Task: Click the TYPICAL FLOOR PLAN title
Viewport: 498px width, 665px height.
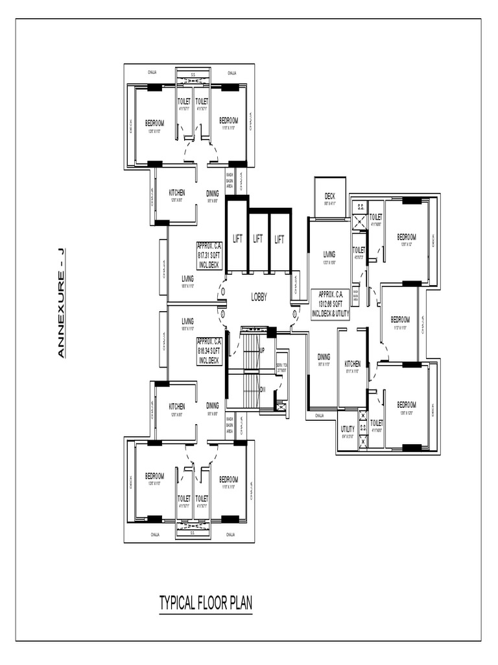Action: [x=206, y=603]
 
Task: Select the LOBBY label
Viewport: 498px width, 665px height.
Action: [x=259, y=297]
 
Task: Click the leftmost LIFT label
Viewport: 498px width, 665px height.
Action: [x=237, y=239]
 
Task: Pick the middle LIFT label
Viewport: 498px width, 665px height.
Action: [x=258, y=239]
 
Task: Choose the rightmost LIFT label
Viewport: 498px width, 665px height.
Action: [x=279, y=239]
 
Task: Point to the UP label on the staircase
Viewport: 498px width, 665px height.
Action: [x=262, y=351]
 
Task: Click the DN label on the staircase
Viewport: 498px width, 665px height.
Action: [x=262, y=390]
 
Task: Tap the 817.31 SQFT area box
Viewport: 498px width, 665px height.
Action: [x=209, y=255]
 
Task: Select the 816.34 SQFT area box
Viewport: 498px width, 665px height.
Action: [x=209, y=351]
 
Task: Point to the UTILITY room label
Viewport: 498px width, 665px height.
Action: [x=348, y=429]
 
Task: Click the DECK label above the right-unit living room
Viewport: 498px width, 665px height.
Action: [x=329, y=197]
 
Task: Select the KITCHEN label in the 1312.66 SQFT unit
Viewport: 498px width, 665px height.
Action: [x=352, y=364]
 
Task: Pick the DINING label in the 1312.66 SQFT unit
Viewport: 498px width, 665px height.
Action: [x=324, y=357]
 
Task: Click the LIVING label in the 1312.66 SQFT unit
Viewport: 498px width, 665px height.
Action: [x=329, y=255]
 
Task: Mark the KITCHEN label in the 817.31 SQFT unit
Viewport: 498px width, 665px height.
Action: [x=176, y=193]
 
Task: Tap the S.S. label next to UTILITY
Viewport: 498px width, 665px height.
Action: [x=363, y=428]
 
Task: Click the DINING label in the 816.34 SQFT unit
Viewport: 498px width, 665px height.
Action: [x=213, y=405]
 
